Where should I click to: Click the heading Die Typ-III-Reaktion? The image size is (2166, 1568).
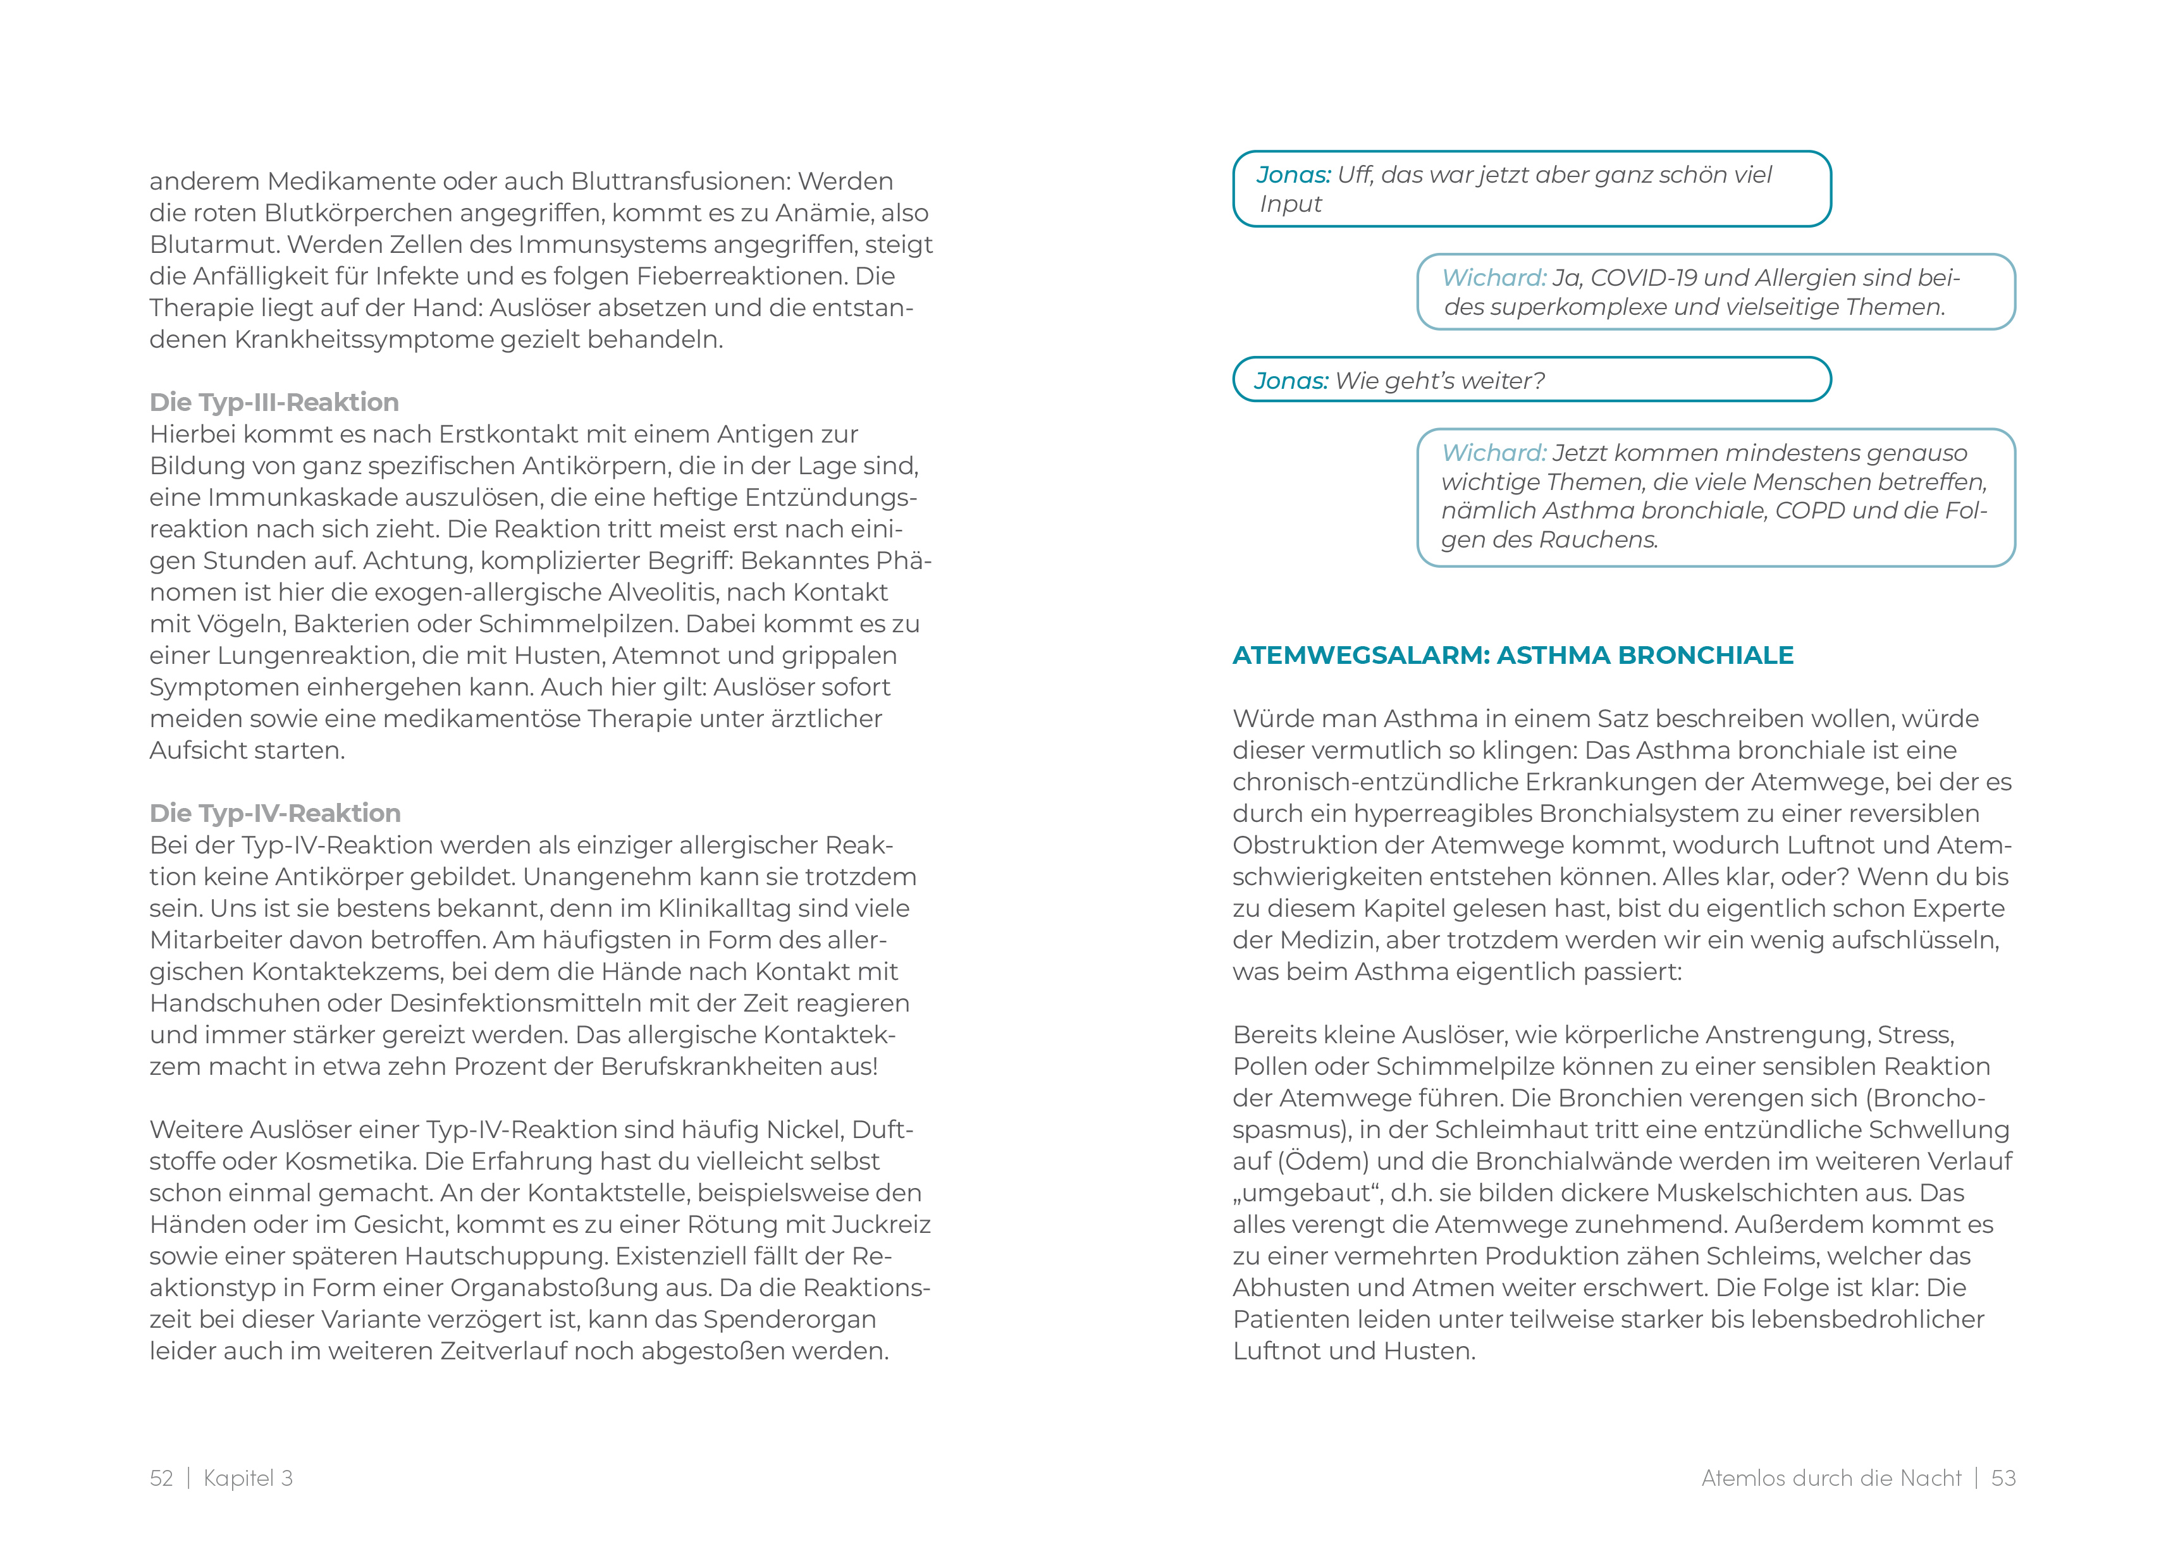[274, 402]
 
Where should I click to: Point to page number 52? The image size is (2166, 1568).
[161, 1478]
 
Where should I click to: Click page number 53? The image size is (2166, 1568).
[2003, 1478]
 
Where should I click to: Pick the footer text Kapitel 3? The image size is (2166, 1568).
[249, 1478]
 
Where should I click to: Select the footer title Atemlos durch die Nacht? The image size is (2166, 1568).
[1831, 1478]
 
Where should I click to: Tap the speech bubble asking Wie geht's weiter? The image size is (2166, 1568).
[1531, 380]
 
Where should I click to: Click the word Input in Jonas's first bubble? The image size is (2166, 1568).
[1291, 204]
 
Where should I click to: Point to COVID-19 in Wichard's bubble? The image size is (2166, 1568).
[1642, 278]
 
